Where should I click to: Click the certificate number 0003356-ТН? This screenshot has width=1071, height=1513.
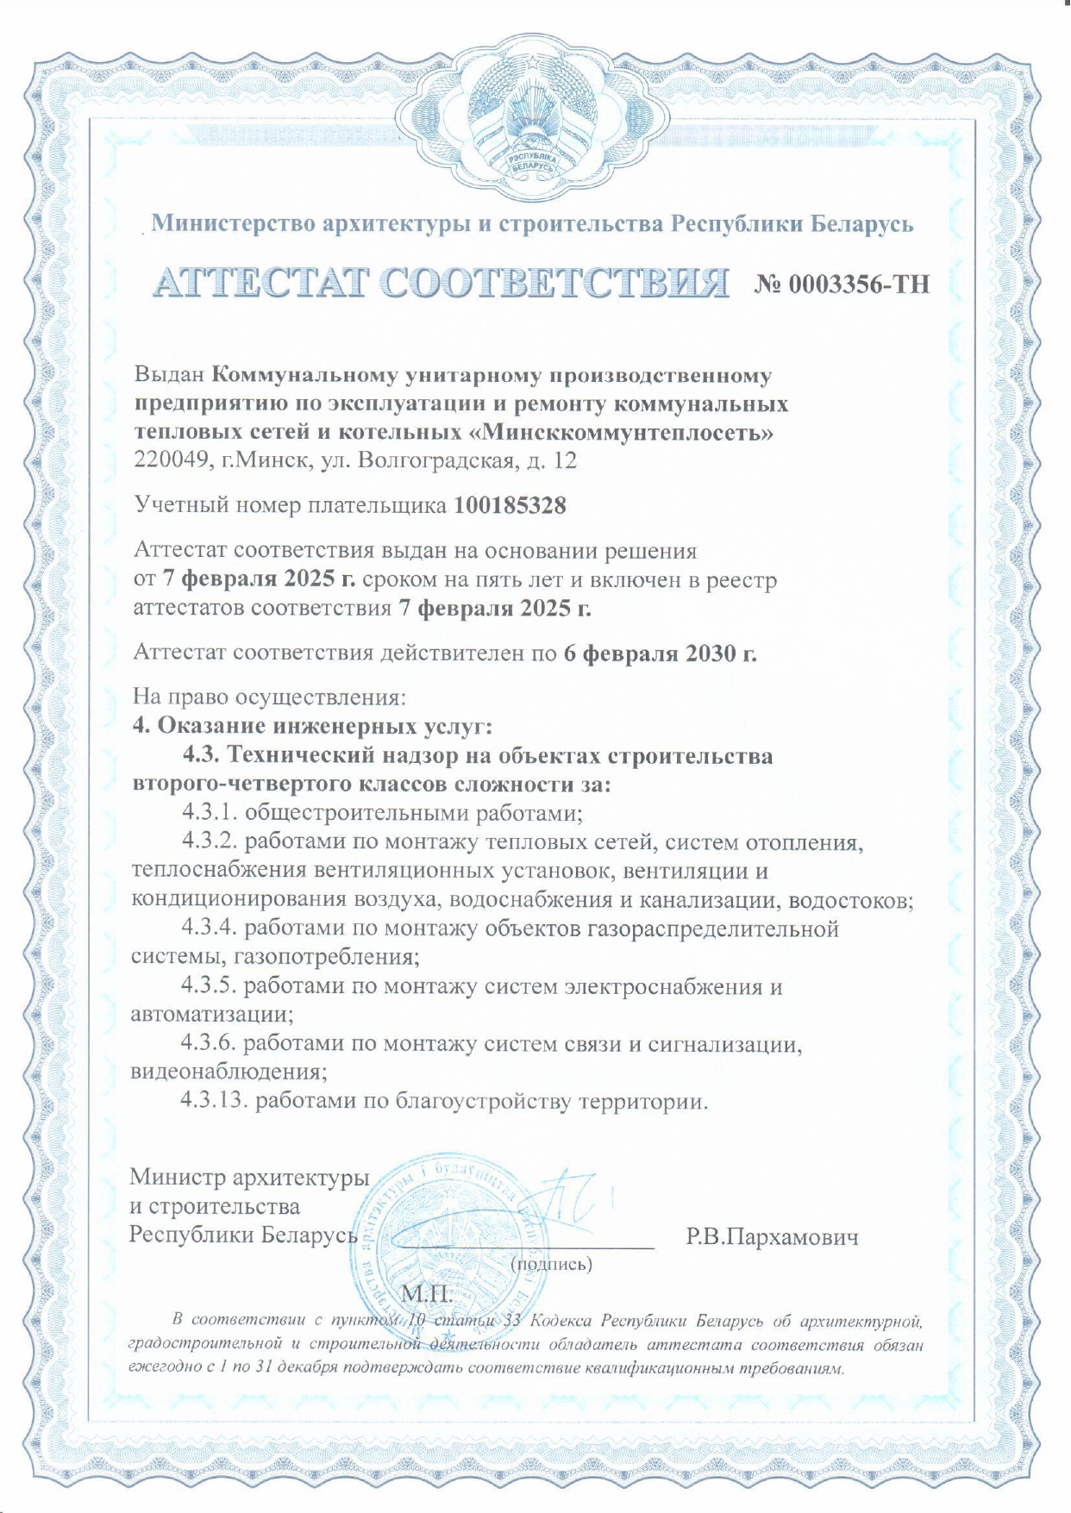[x=842, y=284]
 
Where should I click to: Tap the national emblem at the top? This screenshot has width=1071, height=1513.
[x=535, y=121]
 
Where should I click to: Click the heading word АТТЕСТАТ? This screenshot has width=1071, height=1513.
[x=262, y=282]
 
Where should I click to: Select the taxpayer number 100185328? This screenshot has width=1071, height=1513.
[x=510, y=505]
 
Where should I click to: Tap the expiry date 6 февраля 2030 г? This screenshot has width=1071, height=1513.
[x=660, y=653]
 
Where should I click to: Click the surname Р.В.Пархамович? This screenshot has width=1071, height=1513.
[x=772, y=1238]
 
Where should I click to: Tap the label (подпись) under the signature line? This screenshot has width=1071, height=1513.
[x=552, y=1265]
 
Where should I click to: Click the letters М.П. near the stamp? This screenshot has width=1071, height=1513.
[x=427, y=1293]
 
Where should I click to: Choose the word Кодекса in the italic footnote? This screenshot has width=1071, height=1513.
[x=561, y=1321]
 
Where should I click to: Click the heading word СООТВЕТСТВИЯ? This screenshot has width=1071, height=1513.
[x=554, y=282]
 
